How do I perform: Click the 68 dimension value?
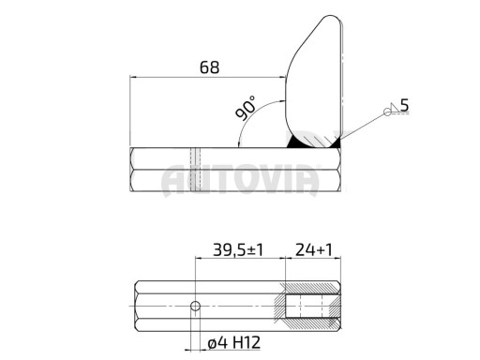coord(209,67)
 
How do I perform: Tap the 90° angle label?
coord(246,108)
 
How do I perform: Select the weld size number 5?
coord(404,105)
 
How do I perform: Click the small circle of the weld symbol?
coord(387,112)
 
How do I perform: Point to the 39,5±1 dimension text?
coord(238,250)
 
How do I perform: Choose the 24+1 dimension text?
coord(314,250)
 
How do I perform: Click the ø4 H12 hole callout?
coord(234,343)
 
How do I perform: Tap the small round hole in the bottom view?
coord(195,306)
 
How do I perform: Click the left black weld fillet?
coord(293,142)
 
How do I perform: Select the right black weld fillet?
coord(337,144)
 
